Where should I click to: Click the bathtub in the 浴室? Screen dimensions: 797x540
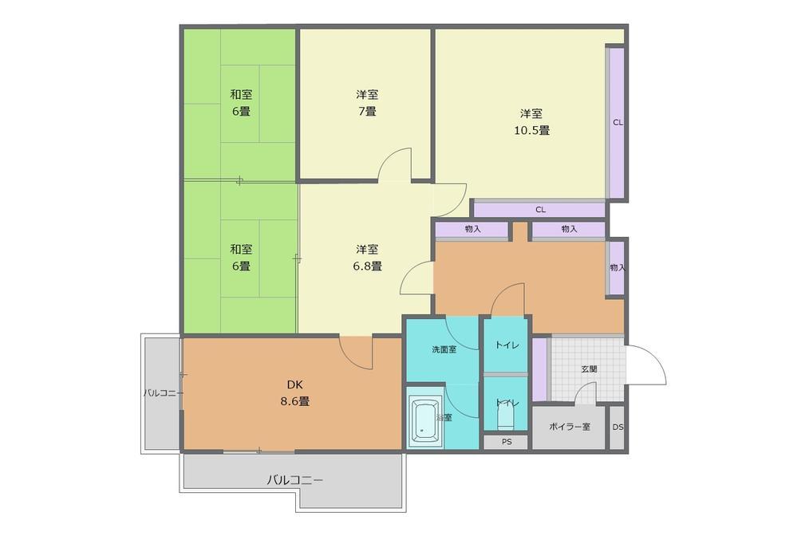point(425,420)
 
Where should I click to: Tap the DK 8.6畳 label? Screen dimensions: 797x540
point(295,392)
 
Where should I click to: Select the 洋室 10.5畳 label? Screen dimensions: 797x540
point(531,122)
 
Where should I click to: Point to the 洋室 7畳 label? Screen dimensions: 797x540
point(367,103)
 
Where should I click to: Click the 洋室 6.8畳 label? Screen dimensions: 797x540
point(367,258)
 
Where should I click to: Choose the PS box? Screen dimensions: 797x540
point(507,442)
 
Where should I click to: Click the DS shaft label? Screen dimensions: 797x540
point(617,428)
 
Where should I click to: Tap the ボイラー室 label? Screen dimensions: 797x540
point(570,427)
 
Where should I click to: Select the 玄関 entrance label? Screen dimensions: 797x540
point(589,369)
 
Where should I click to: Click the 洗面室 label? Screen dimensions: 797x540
point(444,349)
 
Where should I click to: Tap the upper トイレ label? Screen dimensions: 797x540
point(507,345)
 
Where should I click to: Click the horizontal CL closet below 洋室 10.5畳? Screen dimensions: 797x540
point(540,209)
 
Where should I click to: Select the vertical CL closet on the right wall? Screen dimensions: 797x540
point(617,122)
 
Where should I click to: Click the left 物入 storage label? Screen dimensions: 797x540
point(473,229)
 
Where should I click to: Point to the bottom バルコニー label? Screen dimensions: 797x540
point(295,480)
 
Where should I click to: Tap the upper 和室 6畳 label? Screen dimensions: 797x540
point(241,103)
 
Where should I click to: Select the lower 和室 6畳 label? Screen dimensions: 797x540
point(241,258)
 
